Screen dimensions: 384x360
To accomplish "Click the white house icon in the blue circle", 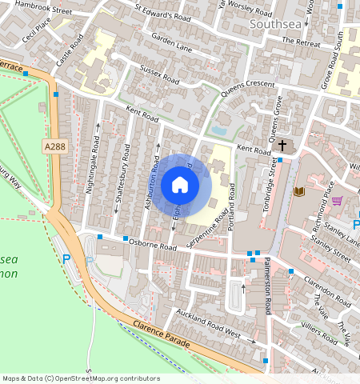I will pos(180,186).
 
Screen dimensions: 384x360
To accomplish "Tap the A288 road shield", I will pos(54,146).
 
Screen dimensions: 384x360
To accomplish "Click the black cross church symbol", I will pos(283,146).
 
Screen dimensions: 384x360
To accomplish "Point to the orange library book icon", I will pos(300,192).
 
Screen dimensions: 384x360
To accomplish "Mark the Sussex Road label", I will pos(160,74).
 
